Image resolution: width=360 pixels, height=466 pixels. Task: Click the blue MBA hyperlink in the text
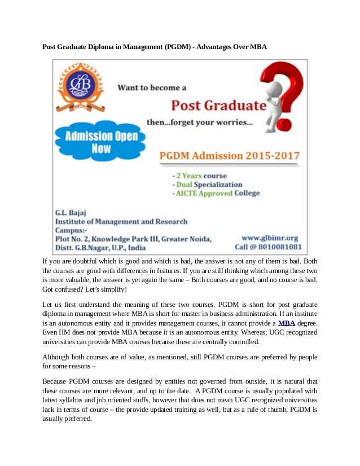pos(287,323)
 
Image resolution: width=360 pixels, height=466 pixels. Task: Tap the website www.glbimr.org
pos(270,238)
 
